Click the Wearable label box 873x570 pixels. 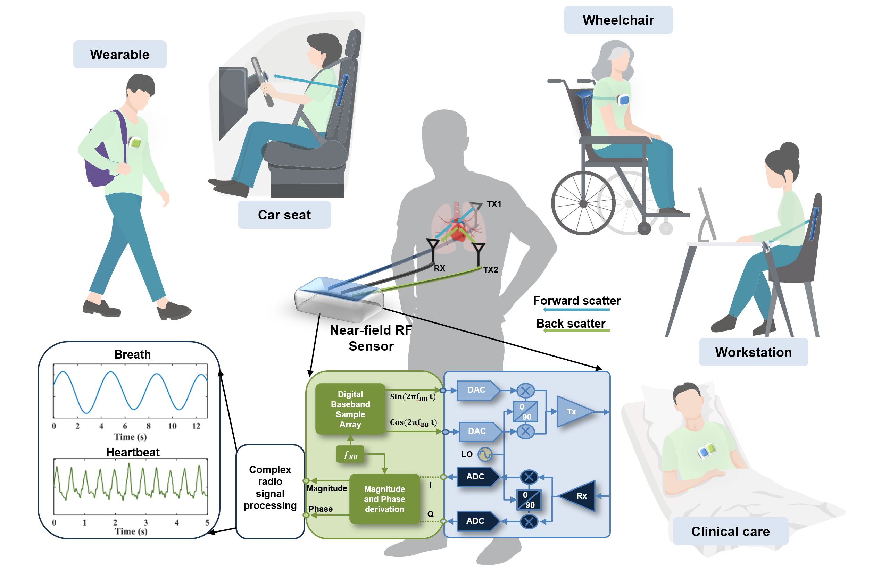pyautogui.click(x=119, y=54)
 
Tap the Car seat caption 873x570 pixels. pyautogui.click(x=284, y=215)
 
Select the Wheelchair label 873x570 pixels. pyautogui.click(x=618, y=20)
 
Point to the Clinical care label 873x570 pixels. pyautogui.click(x=730, y=531)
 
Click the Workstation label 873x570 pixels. pyautogui.click(x=754, y=352)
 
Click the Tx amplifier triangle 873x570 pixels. pyautogui.click(x=574, y=412)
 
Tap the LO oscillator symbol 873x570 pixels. pyautogui.click(x=484, y=454)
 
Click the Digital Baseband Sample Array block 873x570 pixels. pyautogui.click(x=350, y=409)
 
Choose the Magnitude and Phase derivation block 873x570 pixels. pyautogui.click(x=384, y=499)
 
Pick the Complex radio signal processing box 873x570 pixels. pyautogui.click(x=270, y=492)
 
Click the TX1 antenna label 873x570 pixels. pyautogui.click(x=494, y=204)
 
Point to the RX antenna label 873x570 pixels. pyautogui.click(x=439, y=268)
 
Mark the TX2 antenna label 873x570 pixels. pyautogui.click(x=490, y=270)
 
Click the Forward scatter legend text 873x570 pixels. pyautogui.click(x=577, y=300)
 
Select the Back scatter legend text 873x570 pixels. pyautogui.click(x=571, y=323)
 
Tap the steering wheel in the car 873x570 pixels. pyautogui.click(x=262, y=82)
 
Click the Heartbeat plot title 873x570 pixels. pyautogui.click(x=133, y=452)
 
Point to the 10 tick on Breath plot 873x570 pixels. pyautogui.click(x=172, y=426)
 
